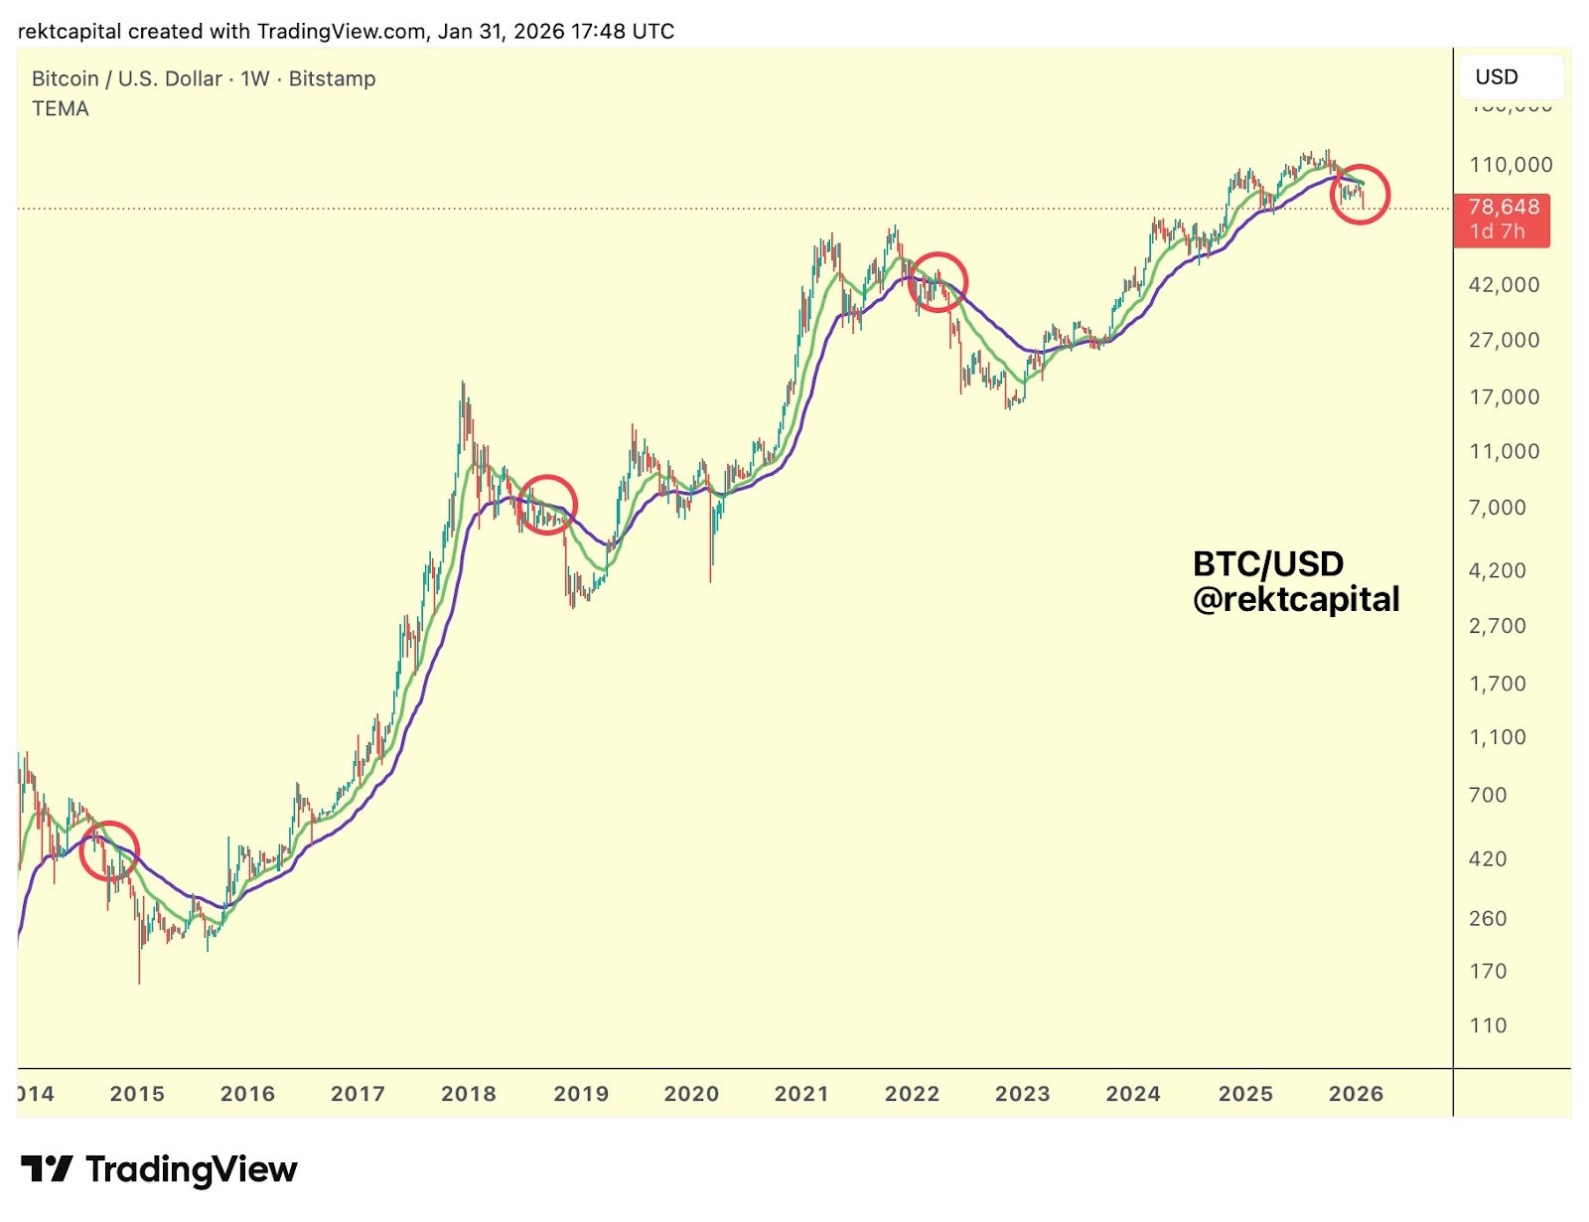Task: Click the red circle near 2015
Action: pyautogui.click(x=109, y=851)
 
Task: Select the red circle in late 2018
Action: pyautogui.click(x=546, y=505)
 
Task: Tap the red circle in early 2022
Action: pyautogui.click(x=937, y=281)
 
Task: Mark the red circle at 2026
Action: pyautogui.click(x=1360, y=194)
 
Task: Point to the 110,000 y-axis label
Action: pyautogui.click(x=1510, y=165)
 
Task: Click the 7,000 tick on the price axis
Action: pyautogui.click(x=1497, y=508)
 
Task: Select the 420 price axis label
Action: pyautogui.click(x=1487, y=859)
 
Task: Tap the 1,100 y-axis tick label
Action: pyautogui.click(x=1497, y=737)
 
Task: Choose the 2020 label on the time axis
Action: pyautogui.click(x=691, y=1094)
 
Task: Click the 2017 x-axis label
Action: pyautogui.click(x=358, y=1094)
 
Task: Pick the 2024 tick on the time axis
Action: pyautogui.click(x=1133, y=1094)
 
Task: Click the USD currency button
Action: pyautogui.click(x=1497, y=76)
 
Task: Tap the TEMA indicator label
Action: pyautogui.click(x=61, y=109)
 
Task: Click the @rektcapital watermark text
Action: pyautogui.click(x=1296, y=599)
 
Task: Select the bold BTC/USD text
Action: pyautogui.click(x=1267, y=564)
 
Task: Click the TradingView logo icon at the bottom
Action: pyautogui.click(x=46, y=1169)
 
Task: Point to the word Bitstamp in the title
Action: pyautogui.click(x=332, y=78)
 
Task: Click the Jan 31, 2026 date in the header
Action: pyautogui.click(x=501, y=31)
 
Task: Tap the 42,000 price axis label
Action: pyautogui.click(x=1504, y=285)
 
